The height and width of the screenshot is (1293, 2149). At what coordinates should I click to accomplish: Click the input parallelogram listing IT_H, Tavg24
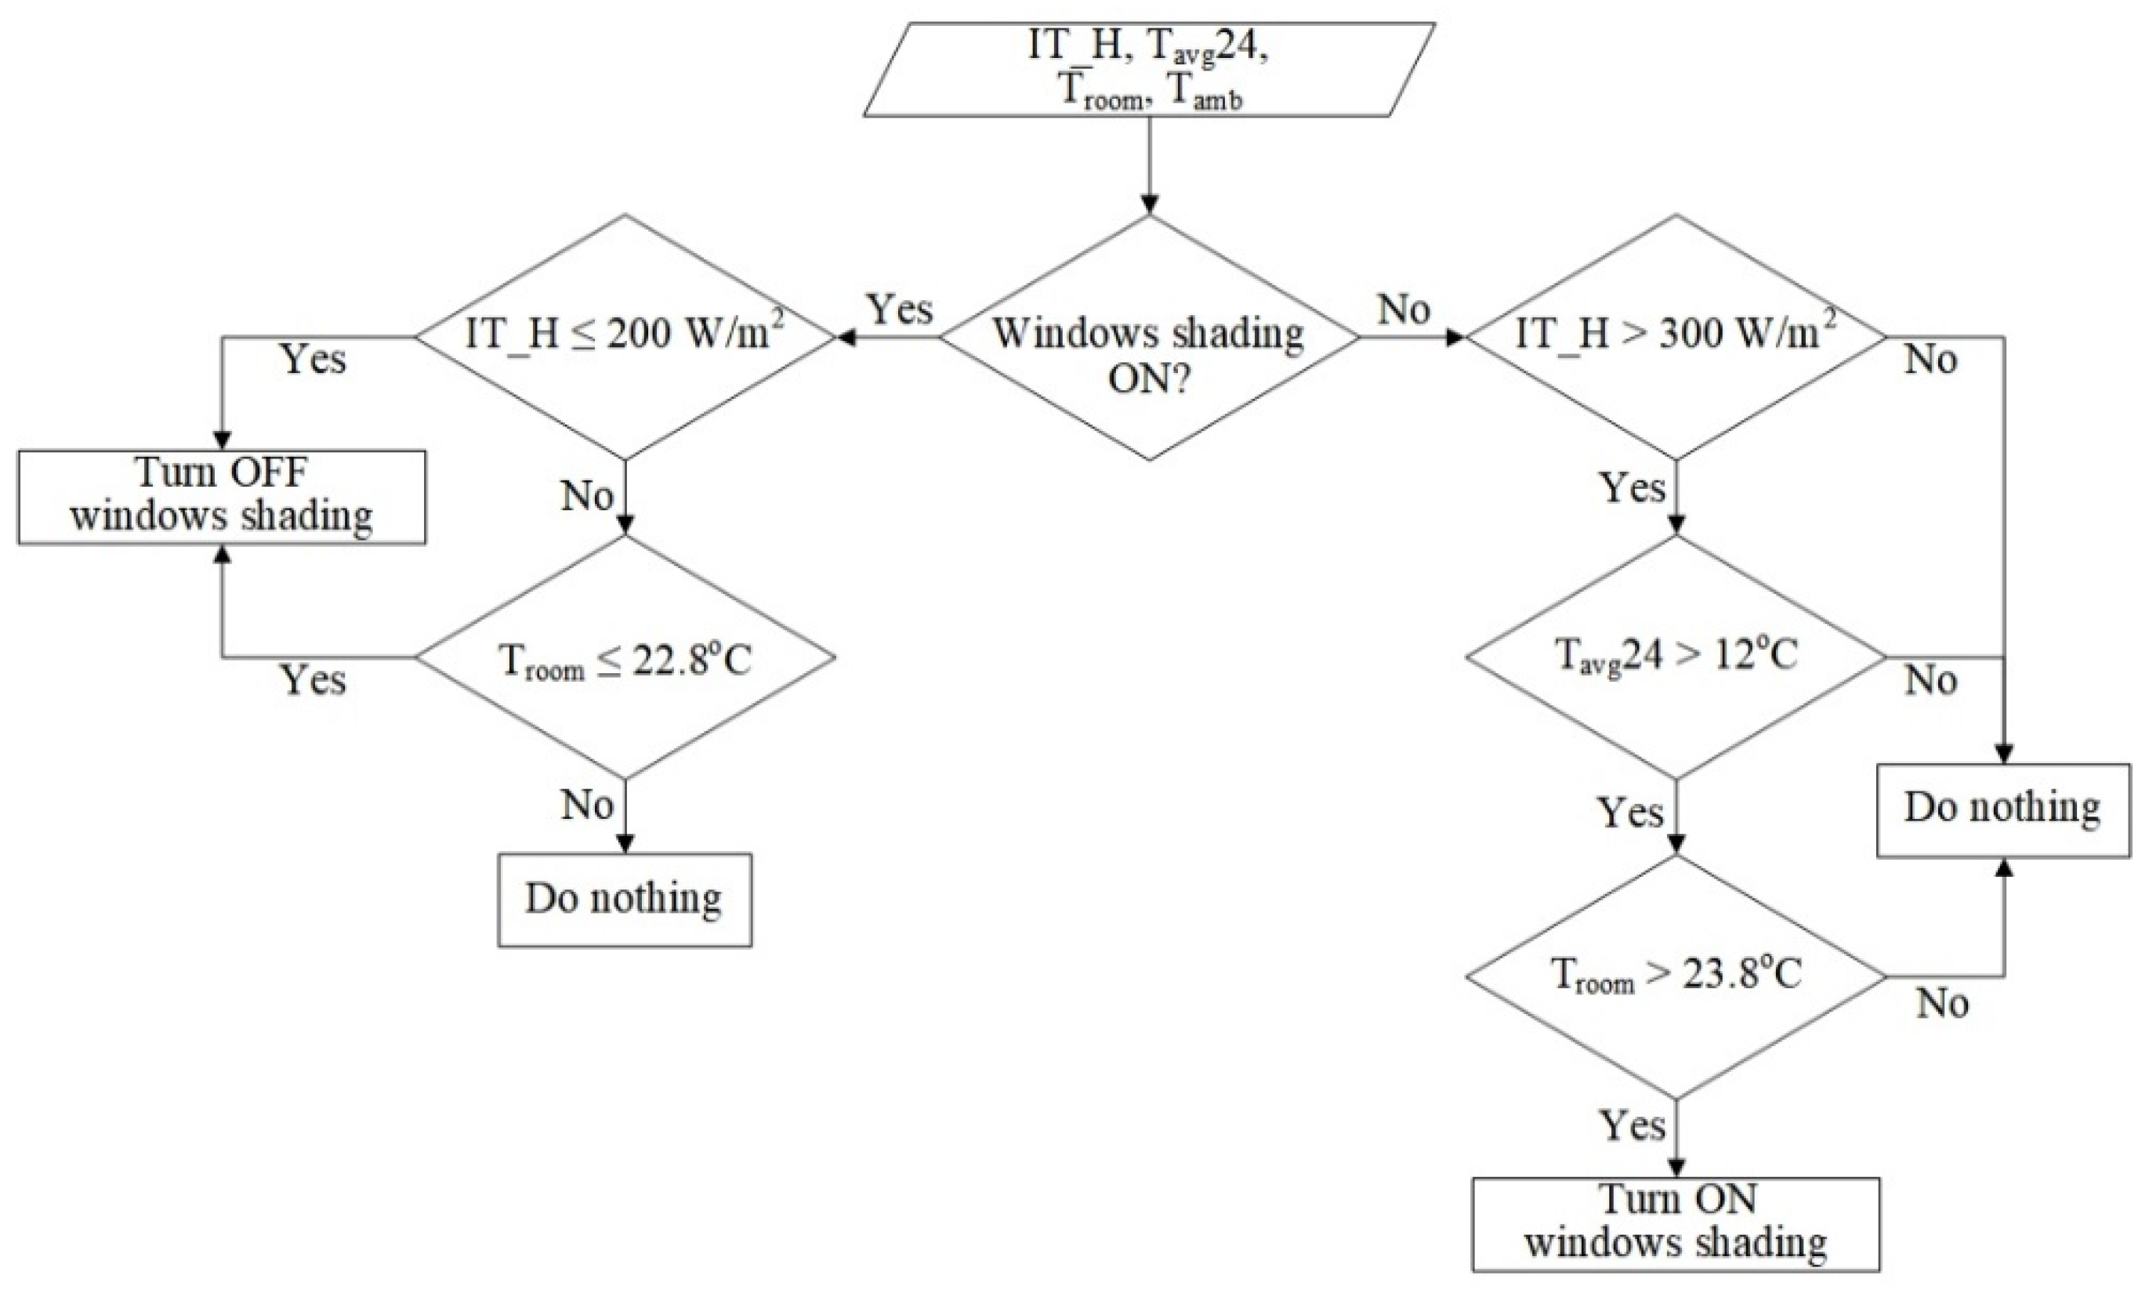1149,70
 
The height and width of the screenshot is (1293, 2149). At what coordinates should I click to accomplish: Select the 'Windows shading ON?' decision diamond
1149,338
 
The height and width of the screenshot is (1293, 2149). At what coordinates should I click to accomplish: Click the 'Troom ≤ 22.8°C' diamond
625,657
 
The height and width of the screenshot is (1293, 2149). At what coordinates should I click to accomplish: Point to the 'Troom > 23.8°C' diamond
1675,976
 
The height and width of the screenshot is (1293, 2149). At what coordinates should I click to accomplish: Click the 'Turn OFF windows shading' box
221,498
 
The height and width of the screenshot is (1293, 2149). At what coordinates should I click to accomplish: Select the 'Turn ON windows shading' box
1675,1224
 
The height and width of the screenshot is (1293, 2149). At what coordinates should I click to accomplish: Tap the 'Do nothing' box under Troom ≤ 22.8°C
624,899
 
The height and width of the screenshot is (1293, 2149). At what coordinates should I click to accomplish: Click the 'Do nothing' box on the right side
2002,810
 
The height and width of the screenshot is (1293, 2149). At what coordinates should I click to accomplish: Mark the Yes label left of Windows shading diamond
901,310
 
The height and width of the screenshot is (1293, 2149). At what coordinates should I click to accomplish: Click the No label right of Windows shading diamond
1403,310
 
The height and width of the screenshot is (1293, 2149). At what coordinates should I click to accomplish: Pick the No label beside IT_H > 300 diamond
1930,360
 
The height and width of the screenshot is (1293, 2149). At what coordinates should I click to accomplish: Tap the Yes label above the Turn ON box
1633,1127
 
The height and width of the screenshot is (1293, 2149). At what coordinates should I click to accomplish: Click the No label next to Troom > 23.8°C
1942,1005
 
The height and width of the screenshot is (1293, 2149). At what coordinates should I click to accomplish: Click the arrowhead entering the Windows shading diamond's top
1149,205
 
